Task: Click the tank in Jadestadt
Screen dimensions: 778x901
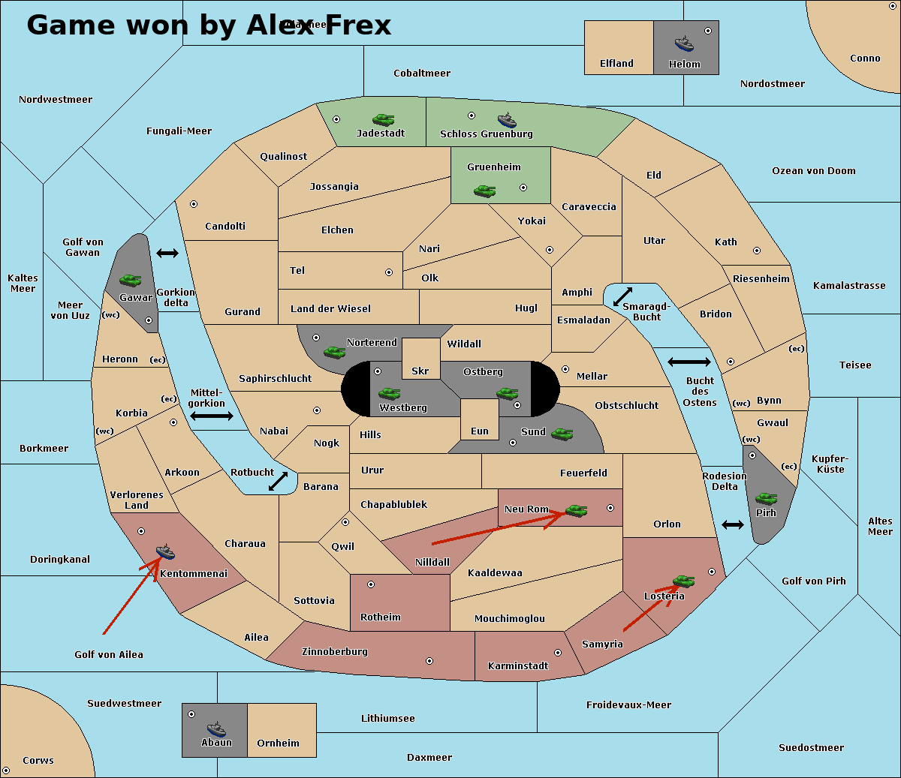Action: [x=384, y=119]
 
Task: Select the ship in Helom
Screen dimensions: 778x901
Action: [x=684, y=44]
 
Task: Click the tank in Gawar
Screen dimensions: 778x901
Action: [x=131, y=281]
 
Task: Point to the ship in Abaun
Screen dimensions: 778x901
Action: [x=216, y=728]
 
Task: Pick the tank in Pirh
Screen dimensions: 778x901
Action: [x=767, y=499]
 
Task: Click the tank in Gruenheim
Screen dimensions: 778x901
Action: [x=485, y=191]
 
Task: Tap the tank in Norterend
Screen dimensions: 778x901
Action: [x=334, y=352]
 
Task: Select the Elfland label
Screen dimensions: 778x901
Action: [x=616, y=64]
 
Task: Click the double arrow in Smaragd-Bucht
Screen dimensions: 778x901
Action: [x=623, y=297]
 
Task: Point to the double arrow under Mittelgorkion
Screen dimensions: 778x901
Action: [x=212, y=416]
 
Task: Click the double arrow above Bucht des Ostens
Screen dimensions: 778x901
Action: [x=689, y=362]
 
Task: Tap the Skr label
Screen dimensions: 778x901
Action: [x=420, y=371]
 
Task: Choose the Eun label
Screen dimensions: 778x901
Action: [x=480, y=431]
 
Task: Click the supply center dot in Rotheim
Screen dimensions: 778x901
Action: [x=371, y=584]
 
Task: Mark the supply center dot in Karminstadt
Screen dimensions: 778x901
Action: [x=558, y=653]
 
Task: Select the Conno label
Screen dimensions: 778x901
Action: [x=865, y=59]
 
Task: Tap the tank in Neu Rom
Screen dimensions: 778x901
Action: [x=576, y=511]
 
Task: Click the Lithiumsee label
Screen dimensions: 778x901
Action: [x=388, y=719]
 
